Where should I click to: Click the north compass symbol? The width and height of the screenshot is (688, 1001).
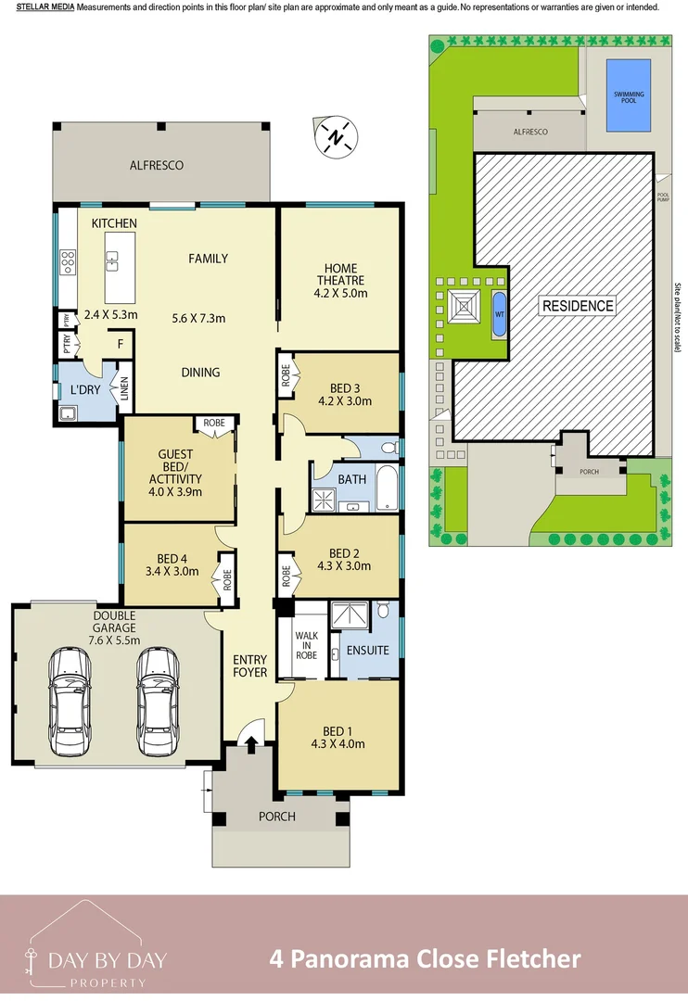[337, 138]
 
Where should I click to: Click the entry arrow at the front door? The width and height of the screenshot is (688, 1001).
[249, 742]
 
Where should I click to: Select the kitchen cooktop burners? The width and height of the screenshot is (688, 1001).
[68, 262]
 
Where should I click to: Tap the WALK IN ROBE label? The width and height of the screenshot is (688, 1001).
[306, 646]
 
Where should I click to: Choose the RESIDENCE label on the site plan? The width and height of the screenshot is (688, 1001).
[578, 306]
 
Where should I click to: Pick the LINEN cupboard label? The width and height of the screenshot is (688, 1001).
[123, 390]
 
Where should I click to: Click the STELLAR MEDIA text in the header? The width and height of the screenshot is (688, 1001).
[45, 7]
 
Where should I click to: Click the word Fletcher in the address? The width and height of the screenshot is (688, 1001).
[534, 958]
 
